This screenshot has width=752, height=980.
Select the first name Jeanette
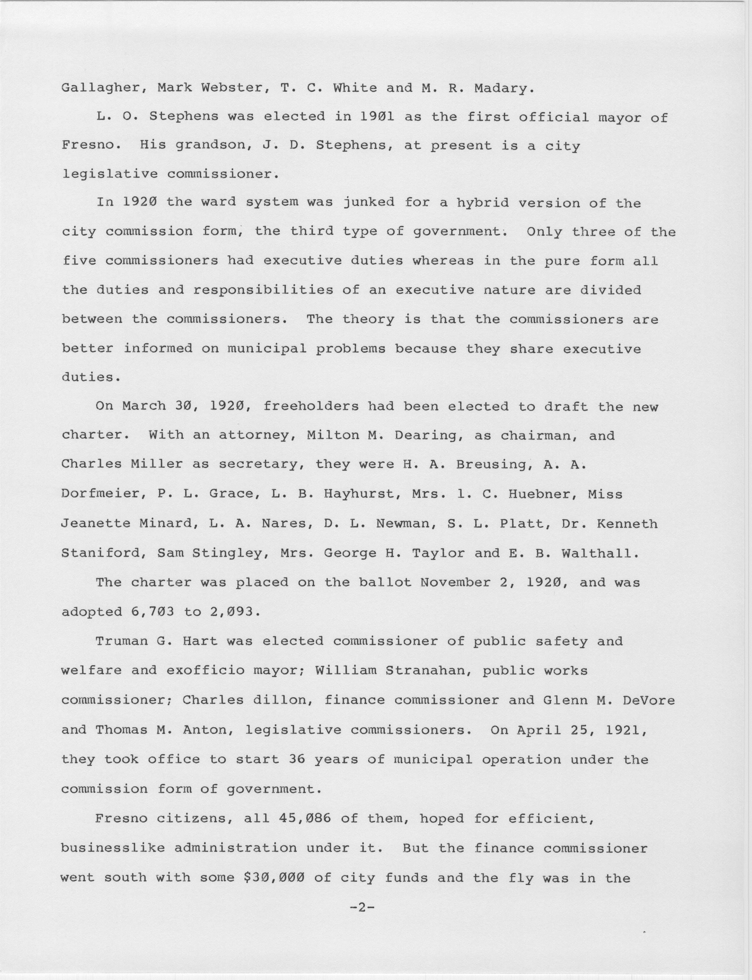[x=95, y=524]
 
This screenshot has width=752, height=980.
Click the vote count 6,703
[x=152, y=612]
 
